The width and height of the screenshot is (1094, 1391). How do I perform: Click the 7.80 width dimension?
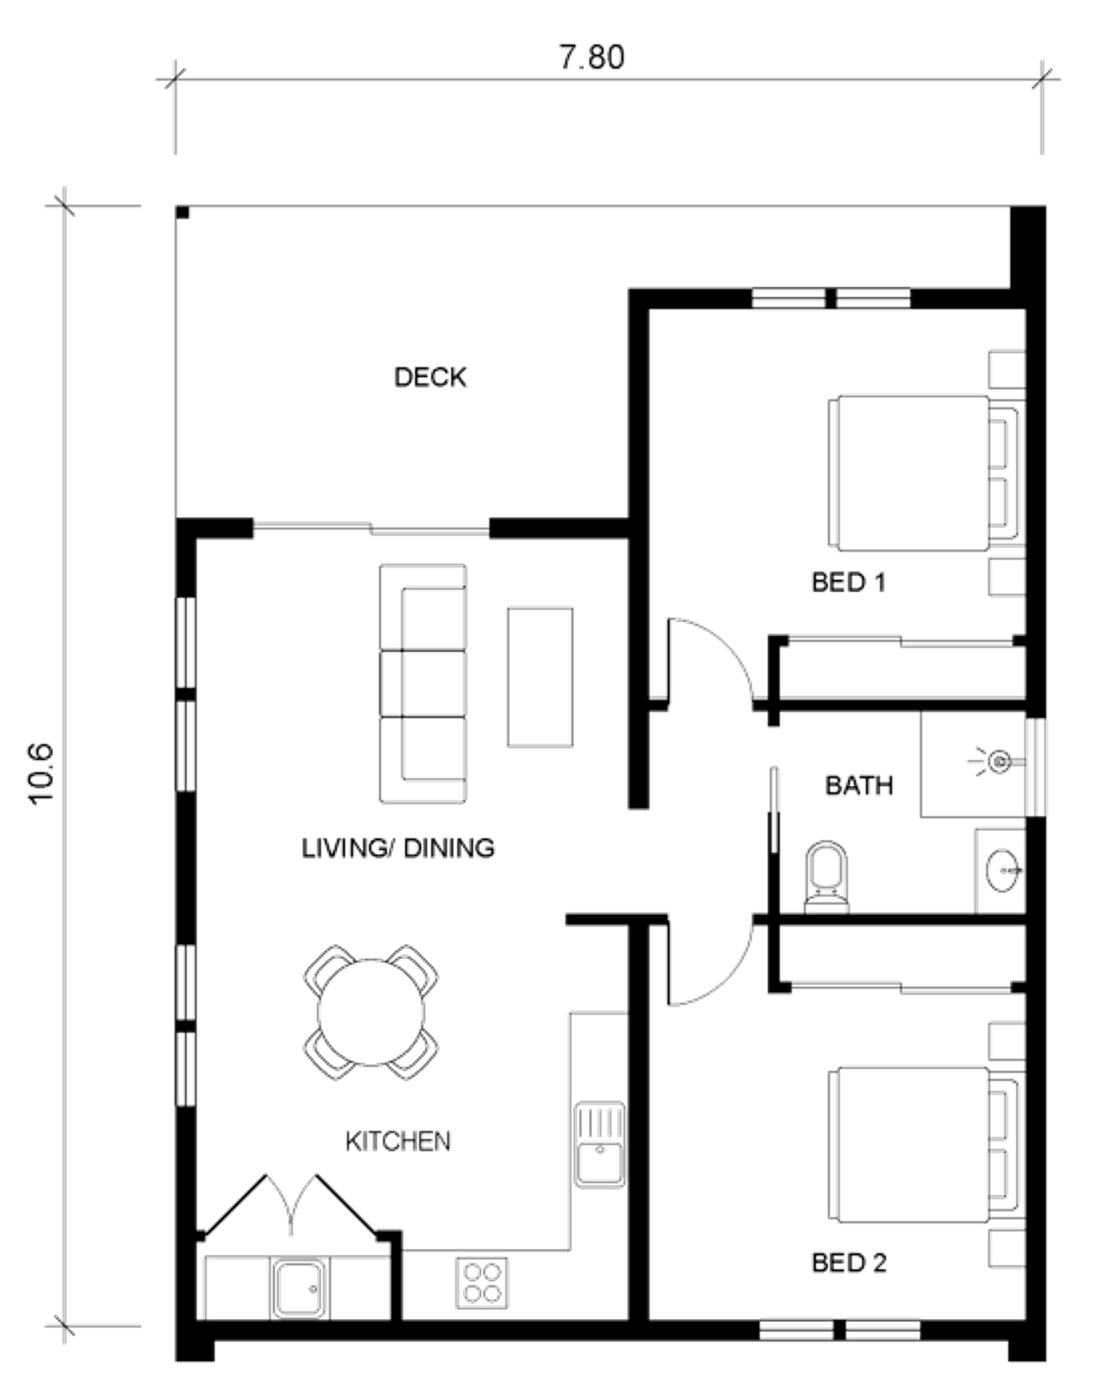(592, 57)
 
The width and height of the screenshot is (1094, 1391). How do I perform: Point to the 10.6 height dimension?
(41, 772)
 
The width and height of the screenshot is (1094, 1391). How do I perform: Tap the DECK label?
(430, 377)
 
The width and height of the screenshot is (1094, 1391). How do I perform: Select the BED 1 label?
(849, 582)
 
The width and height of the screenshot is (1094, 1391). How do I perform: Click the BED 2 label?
(849, 1263)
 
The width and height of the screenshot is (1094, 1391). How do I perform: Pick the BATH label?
(859, 785)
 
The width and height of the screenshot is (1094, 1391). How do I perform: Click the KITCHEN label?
(398, 1141)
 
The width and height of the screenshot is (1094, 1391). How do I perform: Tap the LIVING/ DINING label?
(398, 848)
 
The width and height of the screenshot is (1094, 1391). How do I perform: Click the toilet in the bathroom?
(827, 876)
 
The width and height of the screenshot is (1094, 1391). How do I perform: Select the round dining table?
(371, 1012)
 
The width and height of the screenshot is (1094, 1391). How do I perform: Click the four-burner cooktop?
(482, 1283)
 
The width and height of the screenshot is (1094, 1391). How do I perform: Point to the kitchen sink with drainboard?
(599, 1145)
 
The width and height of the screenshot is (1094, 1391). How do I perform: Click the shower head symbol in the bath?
(998, 760)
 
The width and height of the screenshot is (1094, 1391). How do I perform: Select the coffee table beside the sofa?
(540, 676)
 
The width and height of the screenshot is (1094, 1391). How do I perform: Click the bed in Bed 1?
(923, 473)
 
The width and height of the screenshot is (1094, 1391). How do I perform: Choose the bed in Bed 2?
(923, 1145)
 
